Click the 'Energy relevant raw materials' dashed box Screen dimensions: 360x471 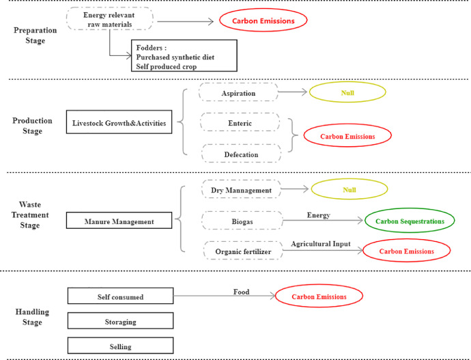click(109, 20)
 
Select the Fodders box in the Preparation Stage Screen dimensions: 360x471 click(184, 55)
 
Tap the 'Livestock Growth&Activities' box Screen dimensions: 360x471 click(120, 123)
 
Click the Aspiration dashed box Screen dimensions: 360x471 click(238, 92)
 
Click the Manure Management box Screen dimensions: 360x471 click(120, 221)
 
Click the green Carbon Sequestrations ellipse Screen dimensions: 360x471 click(409, 221)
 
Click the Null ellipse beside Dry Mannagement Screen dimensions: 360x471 click(349, 189)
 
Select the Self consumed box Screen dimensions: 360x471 click(120, 295)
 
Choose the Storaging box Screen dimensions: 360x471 click(120, 320)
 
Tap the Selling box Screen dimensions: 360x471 click(120, 345)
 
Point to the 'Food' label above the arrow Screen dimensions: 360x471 click(241, 292)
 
